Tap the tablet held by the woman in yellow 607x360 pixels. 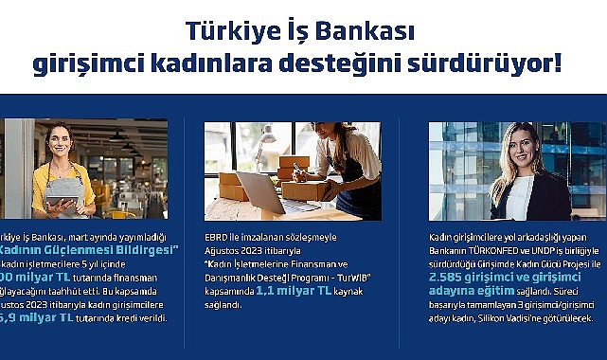pos(63,193)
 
